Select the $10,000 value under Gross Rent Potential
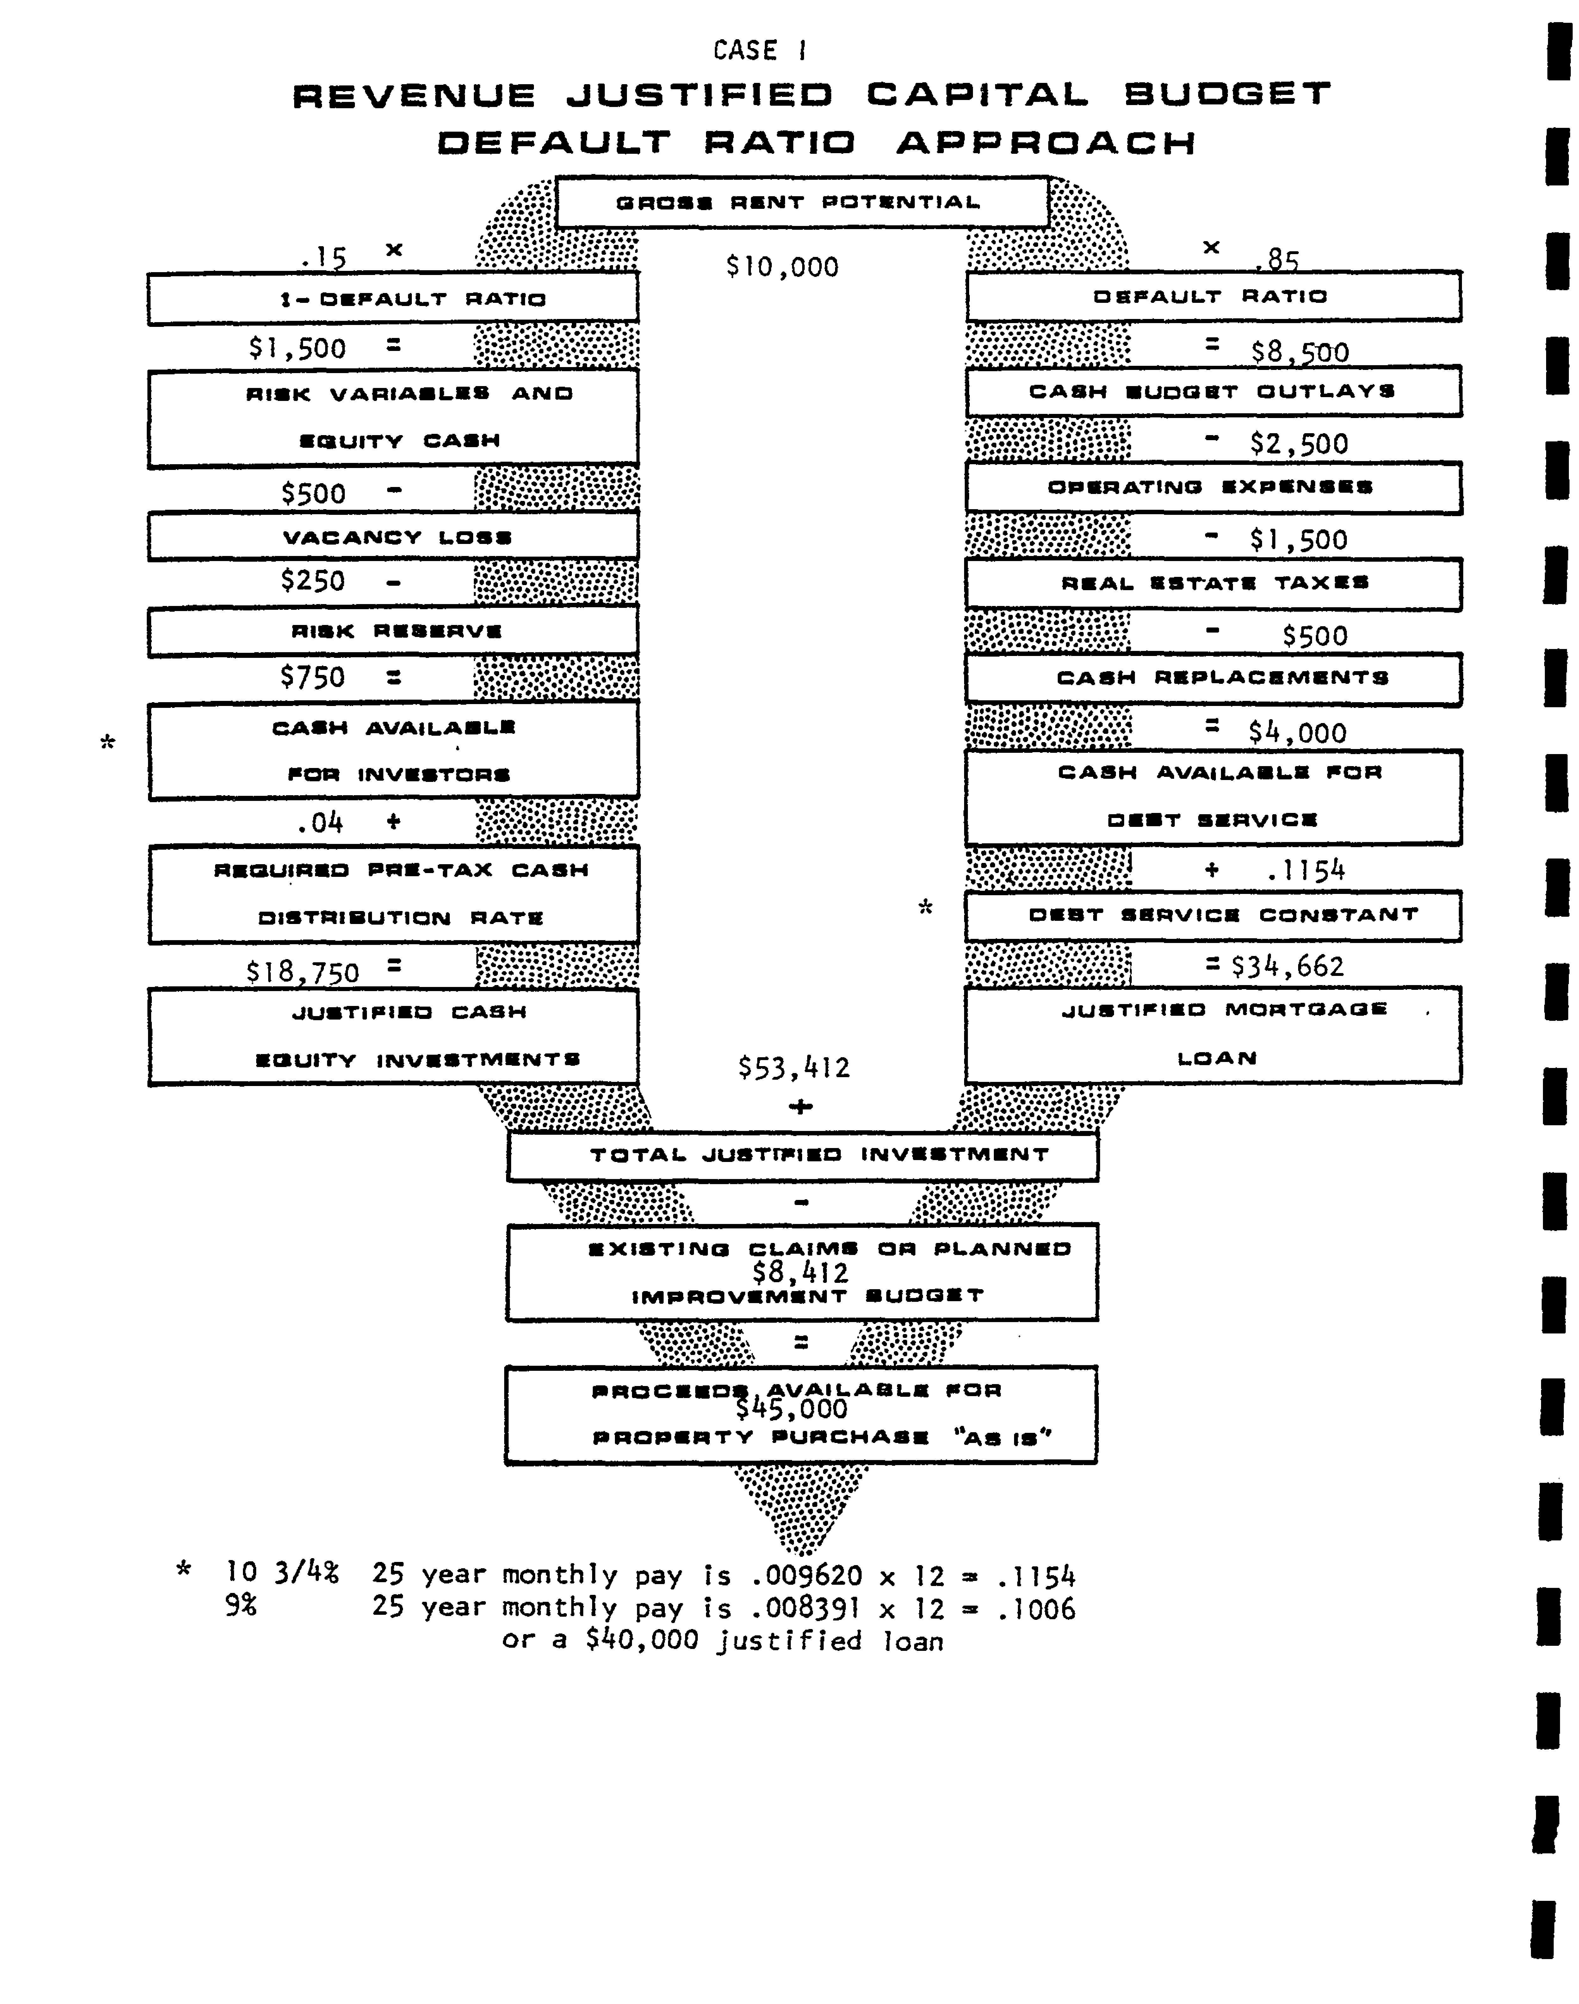coord(782,267)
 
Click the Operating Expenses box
coord(1213,487)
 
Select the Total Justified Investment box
coord(802,1155)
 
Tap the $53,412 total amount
coord(793,1068)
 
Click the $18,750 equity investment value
coord(302,972)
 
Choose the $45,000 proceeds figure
coord(791,1408)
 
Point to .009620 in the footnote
coord(807,1576)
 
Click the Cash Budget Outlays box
coord(1213,391)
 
